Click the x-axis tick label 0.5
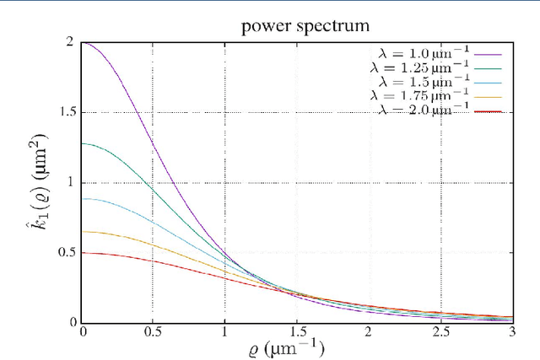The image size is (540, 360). (153, 332)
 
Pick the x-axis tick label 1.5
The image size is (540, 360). (296, 332)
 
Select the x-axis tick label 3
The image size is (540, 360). (511, 332)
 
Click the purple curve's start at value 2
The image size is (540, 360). (82, 42)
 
